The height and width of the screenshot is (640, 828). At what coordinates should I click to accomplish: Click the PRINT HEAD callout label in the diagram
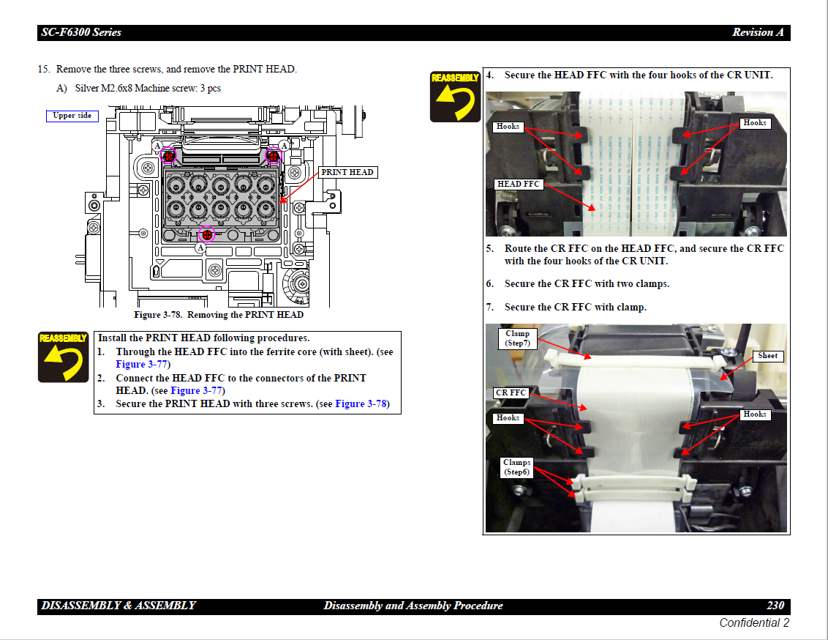click(347, 172)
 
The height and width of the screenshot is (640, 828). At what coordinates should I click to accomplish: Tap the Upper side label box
click(72, 116)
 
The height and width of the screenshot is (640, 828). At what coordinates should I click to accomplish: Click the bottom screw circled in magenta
click(207, 234)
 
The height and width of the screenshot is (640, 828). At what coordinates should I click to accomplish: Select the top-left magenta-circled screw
click(168, 155)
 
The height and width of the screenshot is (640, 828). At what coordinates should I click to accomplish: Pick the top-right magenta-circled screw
click(274, 155)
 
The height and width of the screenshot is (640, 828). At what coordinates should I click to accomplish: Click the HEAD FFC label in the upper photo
click(518, 184)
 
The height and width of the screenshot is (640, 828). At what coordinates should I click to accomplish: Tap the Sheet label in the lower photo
click(767, 356)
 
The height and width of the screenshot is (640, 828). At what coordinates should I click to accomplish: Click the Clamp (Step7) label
click(517, 338)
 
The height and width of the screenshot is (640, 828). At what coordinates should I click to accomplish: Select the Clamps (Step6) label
click(516, 467)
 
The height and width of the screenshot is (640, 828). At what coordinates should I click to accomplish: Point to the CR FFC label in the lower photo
click(511, 393)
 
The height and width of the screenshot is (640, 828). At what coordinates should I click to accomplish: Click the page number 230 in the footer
click(775, 606)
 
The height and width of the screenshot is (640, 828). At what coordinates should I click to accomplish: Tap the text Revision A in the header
click(758, 32)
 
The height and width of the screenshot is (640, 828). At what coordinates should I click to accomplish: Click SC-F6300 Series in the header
click(81, 32)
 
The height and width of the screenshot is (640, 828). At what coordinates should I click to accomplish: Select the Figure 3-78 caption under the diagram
click(218, 315)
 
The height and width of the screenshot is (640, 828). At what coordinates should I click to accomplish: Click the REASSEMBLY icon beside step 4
click(455, 96)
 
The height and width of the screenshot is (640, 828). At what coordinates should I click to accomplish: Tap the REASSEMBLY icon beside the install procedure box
click(64, 357)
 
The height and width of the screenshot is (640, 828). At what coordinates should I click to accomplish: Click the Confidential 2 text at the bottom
click(754, 623)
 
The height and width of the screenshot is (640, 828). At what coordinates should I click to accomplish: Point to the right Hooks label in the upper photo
click(754, 123)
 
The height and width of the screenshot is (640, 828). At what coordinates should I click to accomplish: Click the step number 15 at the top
click(44, 70)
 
